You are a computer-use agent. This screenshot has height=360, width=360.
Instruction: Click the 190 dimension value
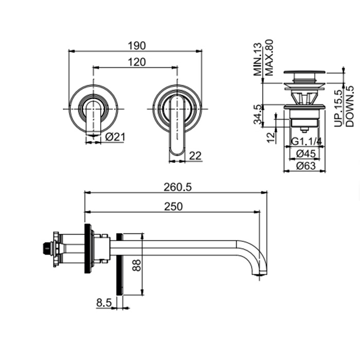click(x=137, y=46)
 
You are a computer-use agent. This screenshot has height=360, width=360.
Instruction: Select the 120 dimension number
click(x=137, y=62)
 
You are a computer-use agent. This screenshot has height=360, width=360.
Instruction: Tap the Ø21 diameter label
click(x=115, y=137)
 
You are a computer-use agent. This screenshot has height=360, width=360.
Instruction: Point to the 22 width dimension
click(x=195, y=156)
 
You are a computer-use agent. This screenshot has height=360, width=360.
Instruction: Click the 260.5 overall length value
click(x=177, y=187)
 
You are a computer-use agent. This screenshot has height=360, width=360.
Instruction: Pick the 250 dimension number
click(x=173, y=206)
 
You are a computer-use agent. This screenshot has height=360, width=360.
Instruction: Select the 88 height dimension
click(x=137, y=265)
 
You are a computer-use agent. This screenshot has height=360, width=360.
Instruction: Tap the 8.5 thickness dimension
click(x=104, y=303)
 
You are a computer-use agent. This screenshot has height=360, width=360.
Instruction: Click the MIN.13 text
click(x=258, y=59)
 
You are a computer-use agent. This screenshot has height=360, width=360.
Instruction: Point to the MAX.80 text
click(x=269, y=58)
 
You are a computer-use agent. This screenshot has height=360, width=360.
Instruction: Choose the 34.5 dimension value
click(x=258, y=115)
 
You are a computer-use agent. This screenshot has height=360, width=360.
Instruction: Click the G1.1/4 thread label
click(x=307, y=141)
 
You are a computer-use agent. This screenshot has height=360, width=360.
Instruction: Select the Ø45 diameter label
click(x=306, y=154)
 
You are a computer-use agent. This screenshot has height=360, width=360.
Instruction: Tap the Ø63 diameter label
click(x=306, y=166)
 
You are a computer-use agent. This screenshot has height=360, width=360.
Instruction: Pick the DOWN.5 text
click(x=350, y=106)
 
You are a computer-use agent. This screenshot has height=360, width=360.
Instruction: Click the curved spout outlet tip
click(x=260, y=274)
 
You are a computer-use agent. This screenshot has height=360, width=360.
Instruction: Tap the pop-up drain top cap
click(x=304, y=73)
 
